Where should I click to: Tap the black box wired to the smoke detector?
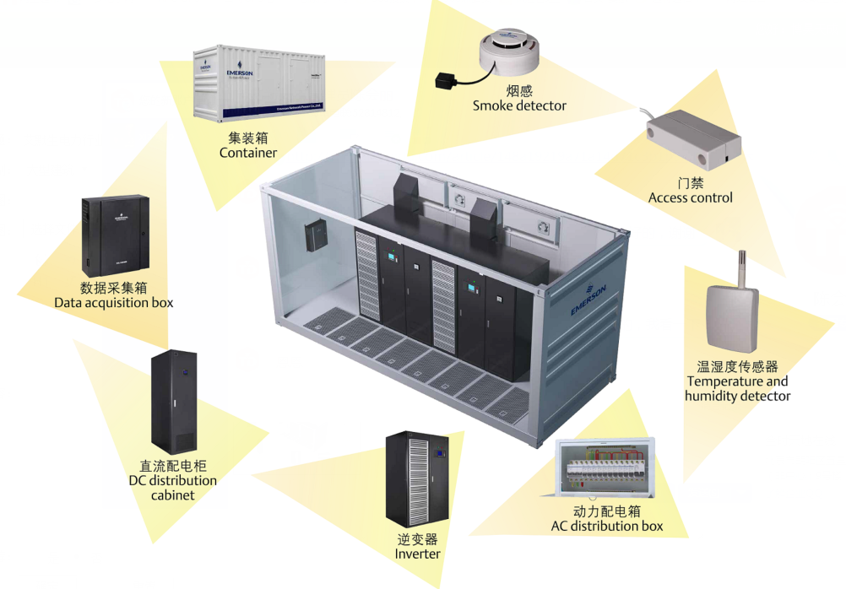click(x=444, y=83)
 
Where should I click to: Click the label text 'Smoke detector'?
click(x=519, y=105)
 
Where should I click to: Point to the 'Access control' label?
click(x=690, y=197)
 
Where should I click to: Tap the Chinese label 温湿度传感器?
click(x=737, y=367)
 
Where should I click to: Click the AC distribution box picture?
click(x=605, y=471)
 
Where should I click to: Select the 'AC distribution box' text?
click(x=606, y=526)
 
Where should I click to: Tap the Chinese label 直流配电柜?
click(x=172, y=466)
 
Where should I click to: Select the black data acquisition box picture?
click(x=109, y=233)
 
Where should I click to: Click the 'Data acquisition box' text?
click(x=113, y=302)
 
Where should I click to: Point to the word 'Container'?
click(x=247, y=153)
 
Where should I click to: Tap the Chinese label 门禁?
click(x=690, y=182)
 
